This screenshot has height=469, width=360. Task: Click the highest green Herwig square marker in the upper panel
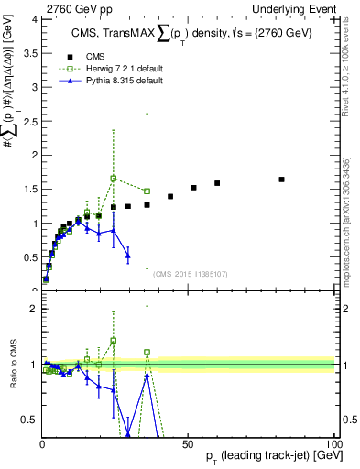point(113,179)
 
